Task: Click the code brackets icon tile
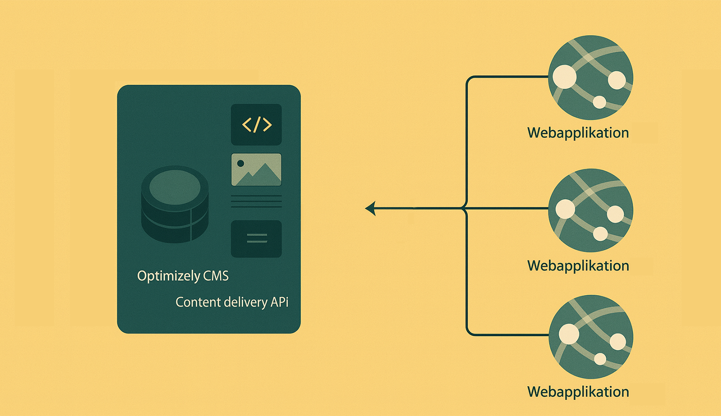pos(256,124)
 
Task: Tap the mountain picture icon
pos(256,169)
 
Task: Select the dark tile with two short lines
pos(256,239)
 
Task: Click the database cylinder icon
pos(175,204)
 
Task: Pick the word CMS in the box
pos(216,276)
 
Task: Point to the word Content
pos(198,302)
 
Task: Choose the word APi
pos(279,302)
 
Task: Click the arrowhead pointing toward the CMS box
pos(370,208)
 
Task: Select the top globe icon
pos(590,77)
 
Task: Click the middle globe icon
pos(590,210)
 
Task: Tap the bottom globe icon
pos(590,337)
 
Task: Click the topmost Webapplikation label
pos(578,133)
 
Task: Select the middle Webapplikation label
pos(578,266)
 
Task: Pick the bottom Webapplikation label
pos(578,392)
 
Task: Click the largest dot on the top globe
pos(565,77)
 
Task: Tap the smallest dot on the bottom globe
pos(600,358)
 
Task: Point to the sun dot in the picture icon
pos(241,163)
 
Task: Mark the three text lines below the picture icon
pos(256,202)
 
